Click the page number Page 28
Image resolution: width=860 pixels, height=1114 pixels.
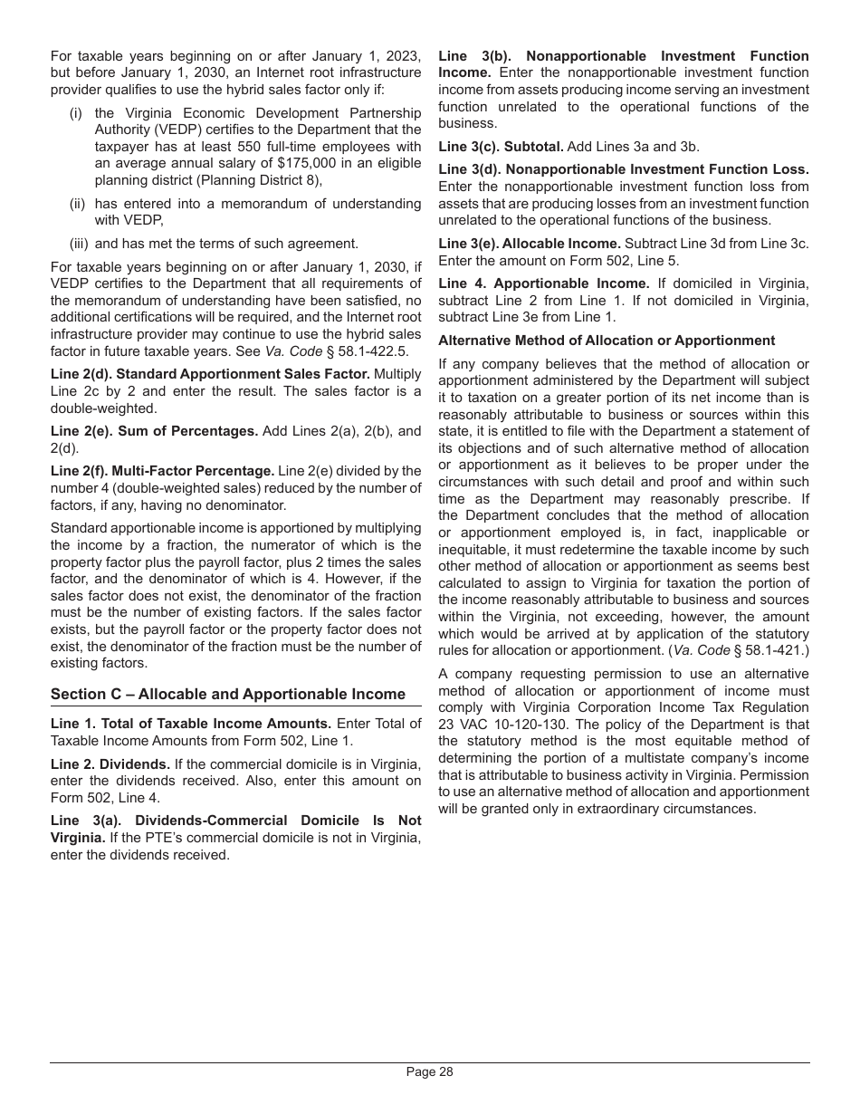tap(429, 1072)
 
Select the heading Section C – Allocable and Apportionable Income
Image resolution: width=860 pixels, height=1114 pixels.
tap(228, 694)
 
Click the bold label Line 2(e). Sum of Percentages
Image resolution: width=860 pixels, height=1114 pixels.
tap(154, 431)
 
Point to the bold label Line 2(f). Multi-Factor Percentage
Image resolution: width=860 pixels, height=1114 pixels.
tap(162, 471)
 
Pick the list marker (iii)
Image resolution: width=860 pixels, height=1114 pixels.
tap(80, 244)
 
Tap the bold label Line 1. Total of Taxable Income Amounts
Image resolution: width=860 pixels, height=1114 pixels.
tap(191, 724)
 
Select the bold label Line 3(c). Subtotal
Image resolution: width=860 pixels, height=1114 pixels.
tap(501, 146)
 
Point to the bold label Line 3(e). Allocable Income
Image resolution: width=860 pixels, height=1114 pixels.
tap(529, 244)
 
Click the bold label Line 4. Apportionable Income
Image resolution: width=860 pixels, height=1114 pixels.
tap(543, 283)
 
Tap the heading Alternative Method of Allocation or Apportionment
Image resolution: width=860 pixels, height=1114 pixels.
tap(607, 341)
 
